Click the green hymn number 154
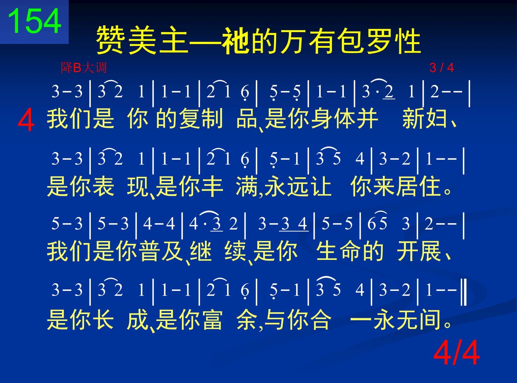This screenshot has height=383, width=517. (35, 21)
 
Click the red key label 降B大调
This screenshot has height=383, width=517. (84, 68)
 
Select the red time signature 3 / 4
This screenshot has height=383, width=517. (442, 68)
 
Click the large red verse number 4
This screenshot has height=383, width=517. (26, 121)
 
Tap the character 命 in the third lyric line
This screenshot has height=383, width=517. (350, 251)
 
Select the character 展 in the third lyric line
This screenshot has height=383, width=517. (430, 251)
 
